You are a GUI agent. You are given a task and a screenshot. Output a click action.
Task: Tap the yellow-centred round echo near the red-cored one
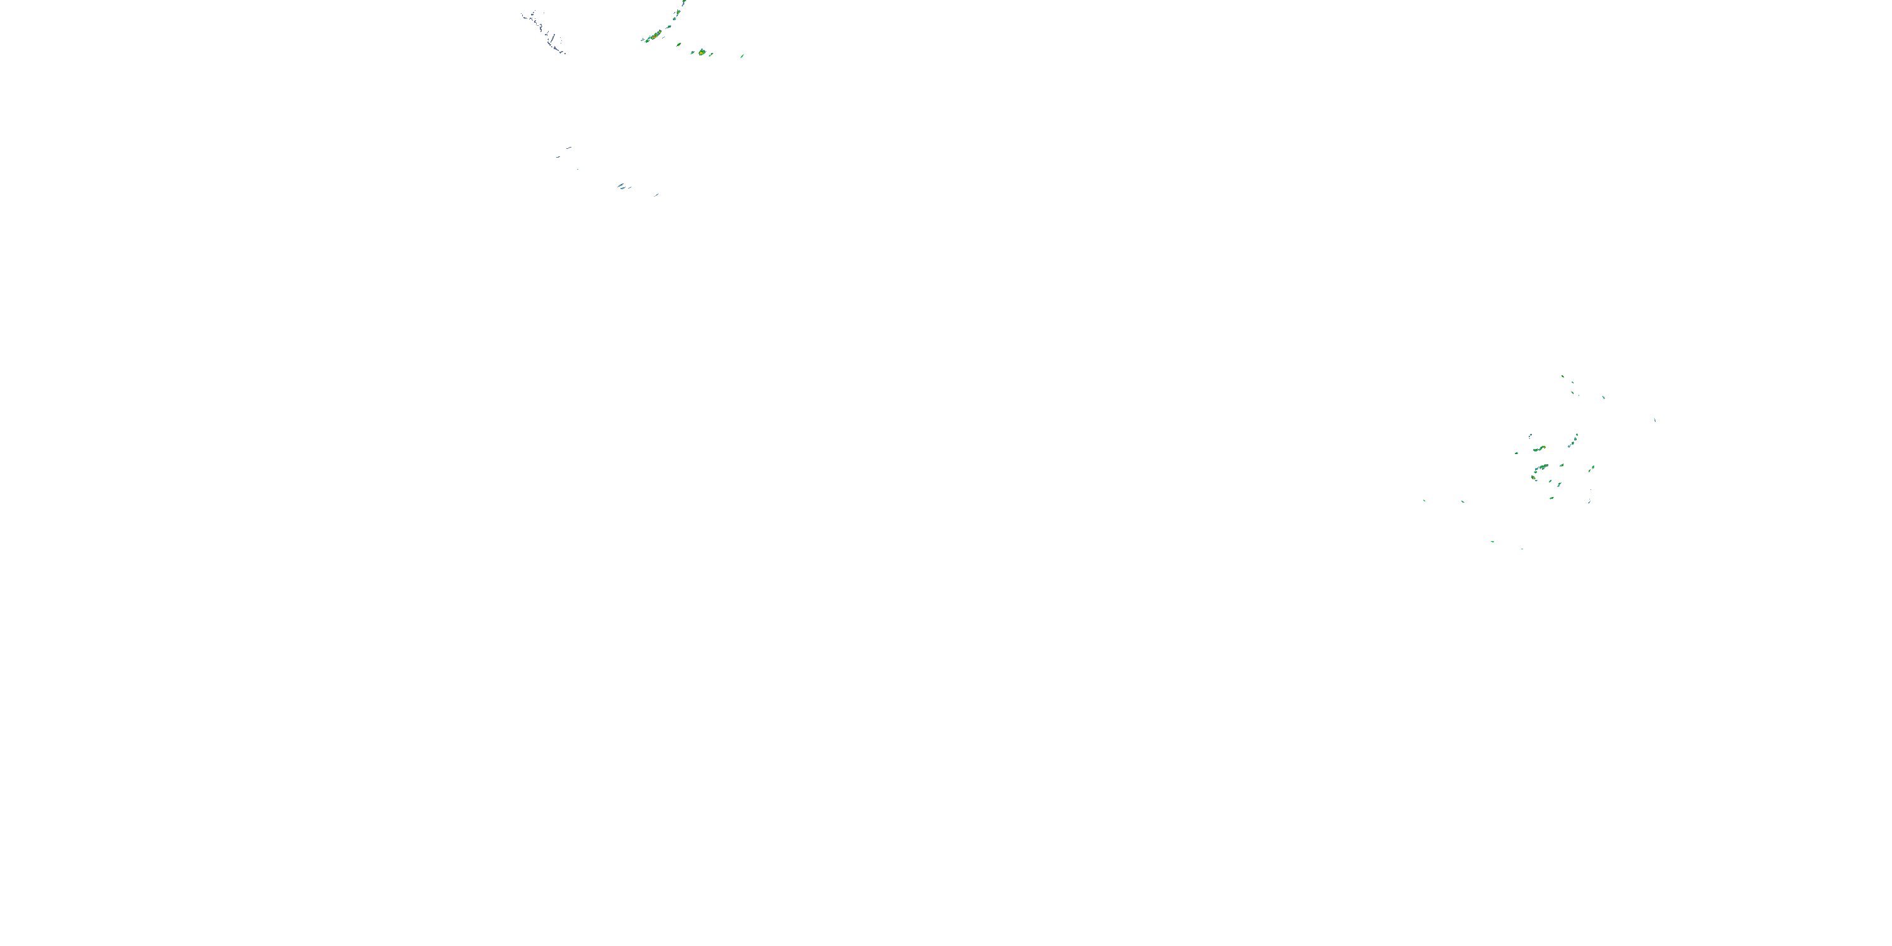coord(701,52)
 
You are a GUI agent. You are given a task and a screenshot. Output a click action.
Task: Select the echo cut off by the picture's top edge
coord(684,3)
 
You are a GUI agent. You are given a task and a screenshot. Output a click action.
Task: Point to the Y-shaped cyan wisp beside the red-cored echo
coord(668,31)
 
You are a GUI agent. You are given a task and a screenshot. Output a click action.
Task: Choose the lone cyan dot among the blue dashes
coord(576,169)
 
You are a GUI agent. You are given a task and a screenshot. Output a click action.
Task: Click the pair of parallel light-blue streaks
coord(623,186)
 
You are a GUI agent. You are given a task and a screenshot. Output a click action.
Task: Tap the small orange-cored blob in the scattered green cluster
coord(1539,447)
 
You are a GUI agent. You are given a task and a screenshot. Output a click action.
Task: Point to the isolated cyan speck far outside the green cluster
coord(1654,420)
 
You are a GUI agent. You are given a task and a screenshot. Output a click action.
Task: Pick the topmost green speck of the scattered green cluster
coord(1562,377)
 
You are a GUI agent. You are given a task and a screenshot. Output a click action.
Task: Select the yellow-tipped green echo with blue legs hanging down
coord(1534,478)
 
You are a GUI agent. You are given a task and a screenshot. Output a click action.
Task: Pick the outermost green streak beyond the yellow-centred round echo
coord(742,55)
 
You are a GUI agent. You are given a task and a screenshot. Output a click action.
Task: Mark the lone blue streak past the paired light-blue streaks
coord(656,195)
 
